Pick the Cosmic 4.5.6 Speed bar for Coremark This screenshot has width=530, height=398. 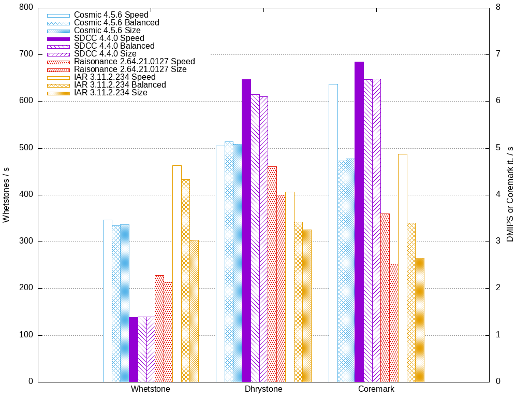pyautogui.click(x=333, y=233)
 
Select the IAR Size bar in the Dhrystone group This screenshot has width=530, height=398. pyautogui.click(x=307, y=306)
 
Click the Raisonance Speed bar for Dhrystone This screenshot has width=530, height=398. pyautogui.click(x=272, y=274)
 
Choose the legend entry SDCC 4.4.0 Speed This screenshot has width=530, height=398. pyautogui.click(x=109, y=38)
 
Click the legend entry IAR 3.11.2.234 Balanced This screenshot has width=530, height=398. pyautogui.click(x=120, y=85)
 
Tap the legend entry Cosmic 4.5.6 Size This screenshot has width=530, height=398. pyautogui.click(x=107, y=31)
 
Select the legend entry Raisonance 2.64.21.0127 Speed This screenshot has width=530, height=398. pyautogui.click(x=134, y=62)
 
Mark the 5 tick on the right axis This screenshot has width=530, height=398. pyautogui.click(x=497, y=148)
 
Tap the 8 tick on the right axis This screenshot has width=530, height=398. pyautogui.click(x=497, y=8)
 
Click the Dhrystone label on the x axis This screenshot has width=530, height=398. pyautogui.click(x=263, y=389)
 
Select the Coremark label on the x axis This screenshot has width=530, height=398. pyautogui.click(x=376, y=389)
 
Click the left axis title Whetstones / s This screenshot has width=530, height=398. pyautogui.click(x=6, y=195)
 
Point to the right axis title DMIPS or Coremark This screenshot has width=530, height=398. pyautogui.click(x=510, y=195)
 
